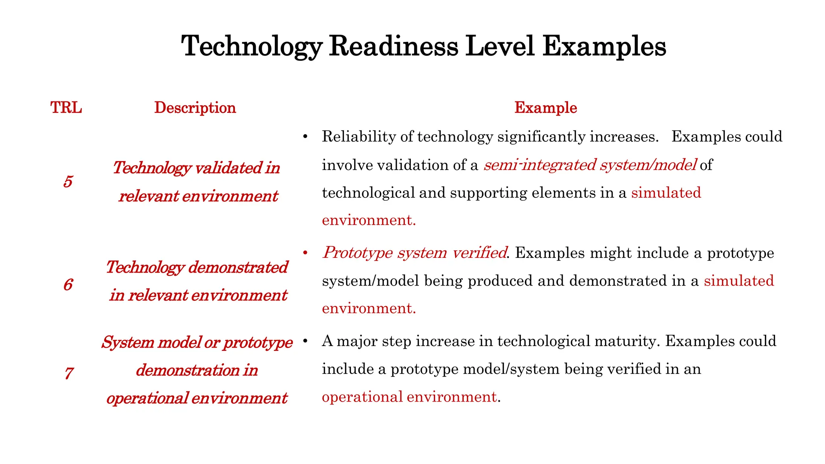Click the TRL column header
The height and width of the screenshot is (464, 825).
[66, 108]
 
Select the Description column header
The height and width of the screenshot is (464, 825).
[195, 108]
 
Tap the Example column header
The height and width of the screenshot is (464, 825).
[545, 108]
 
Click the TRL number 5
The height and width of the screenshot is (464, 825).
[68, 182]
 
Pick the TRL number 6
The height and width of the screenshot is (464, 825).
[68, 285]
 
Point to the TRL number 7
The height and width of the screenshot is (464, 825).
[69, 373]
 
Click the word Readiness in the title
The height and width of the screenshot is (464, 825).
[394, 46]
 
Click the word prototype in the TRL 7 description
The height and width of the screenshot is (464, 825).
[258, 342]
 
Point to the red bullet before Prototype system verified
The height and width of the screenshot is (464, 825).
[305, 253]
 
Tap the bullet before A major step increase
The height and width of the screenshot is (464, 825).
[305, 342]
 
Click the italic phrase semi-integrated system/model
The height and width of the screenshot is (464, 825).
[590, 165]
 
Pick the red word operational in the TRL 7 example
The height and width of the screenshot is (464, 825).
[362, 397]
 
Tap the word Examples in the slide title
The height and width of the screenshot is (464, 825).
[604, 46]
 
